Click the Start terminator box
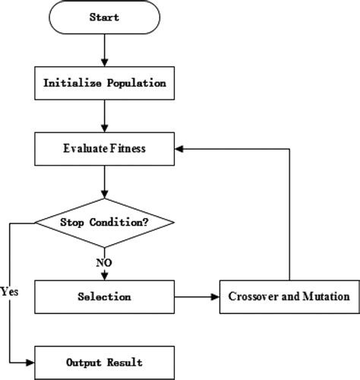(x=105, y=16)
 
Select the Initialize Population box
(x=105, y=82)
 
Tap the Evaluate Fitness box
(x=105, y=149)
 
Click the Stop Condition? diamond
(x=105, y=223)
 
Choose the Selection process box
(x=105, y=296)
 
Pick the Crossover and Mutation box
(x=289, y=296)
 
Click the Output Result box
(x=105, y=362)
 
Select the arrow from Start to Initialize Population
(x=105, y=49)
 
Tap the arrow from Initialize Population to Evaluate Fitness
(x=105, y=116)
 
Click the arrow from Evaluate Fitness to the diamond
(x=105, y=182)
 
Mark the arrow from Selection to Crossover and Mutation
(x=197, y=296)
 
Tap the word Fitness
(x=127, y=149)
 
